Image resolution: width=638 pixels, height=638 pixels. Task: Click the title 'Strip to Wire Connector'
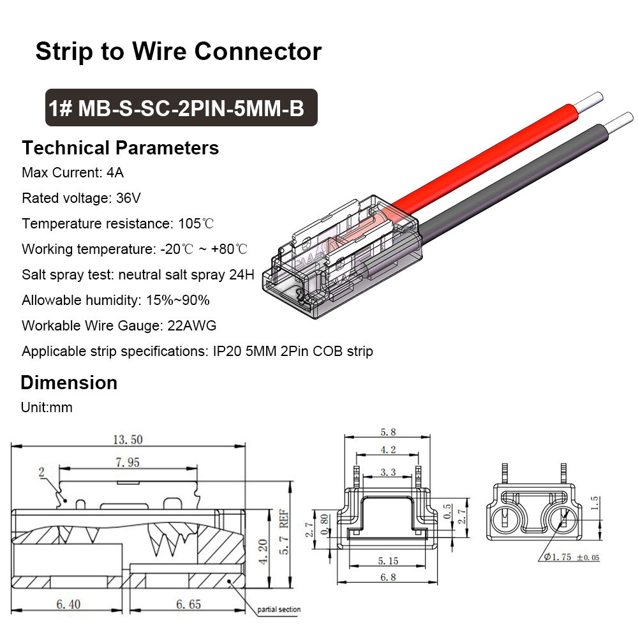(x=178, y=51)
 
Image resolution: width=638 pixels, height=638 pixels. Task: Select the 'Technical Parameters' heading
(x=120, y=148)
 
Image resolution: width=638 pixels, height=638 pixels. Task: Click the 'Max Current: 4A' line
(x=73, y=173)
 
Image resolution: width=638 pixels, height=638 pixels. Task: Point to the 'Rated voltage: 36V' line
(x=81, y=198)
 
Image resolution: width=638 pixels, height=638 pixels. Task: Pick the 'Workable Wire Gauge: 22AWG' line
(x=119, y=325)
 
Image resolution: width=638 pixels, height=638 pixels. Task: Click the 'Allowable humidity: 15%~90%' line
(x=115, y=300)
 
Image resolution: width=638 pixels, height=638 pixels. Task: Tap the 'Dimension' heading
(x=69, y=383)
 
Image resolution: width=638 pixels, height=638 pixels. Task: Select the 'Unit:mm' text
(x=47, y=408)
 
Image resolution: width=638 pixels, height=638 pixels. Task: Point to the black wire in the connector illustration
(x=510, y=191)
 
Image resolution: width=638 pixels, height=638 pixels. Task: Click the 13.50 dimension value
(x=128, y=439)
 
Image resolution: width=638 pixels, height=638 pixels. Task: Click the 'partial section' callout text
(x=279, y=610)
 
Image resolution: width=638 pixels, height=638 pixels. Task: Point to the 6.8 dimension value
(x=387, y=577)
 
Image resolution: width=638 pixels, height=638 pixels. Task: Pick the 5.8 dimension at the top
(x=388, y=432)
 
